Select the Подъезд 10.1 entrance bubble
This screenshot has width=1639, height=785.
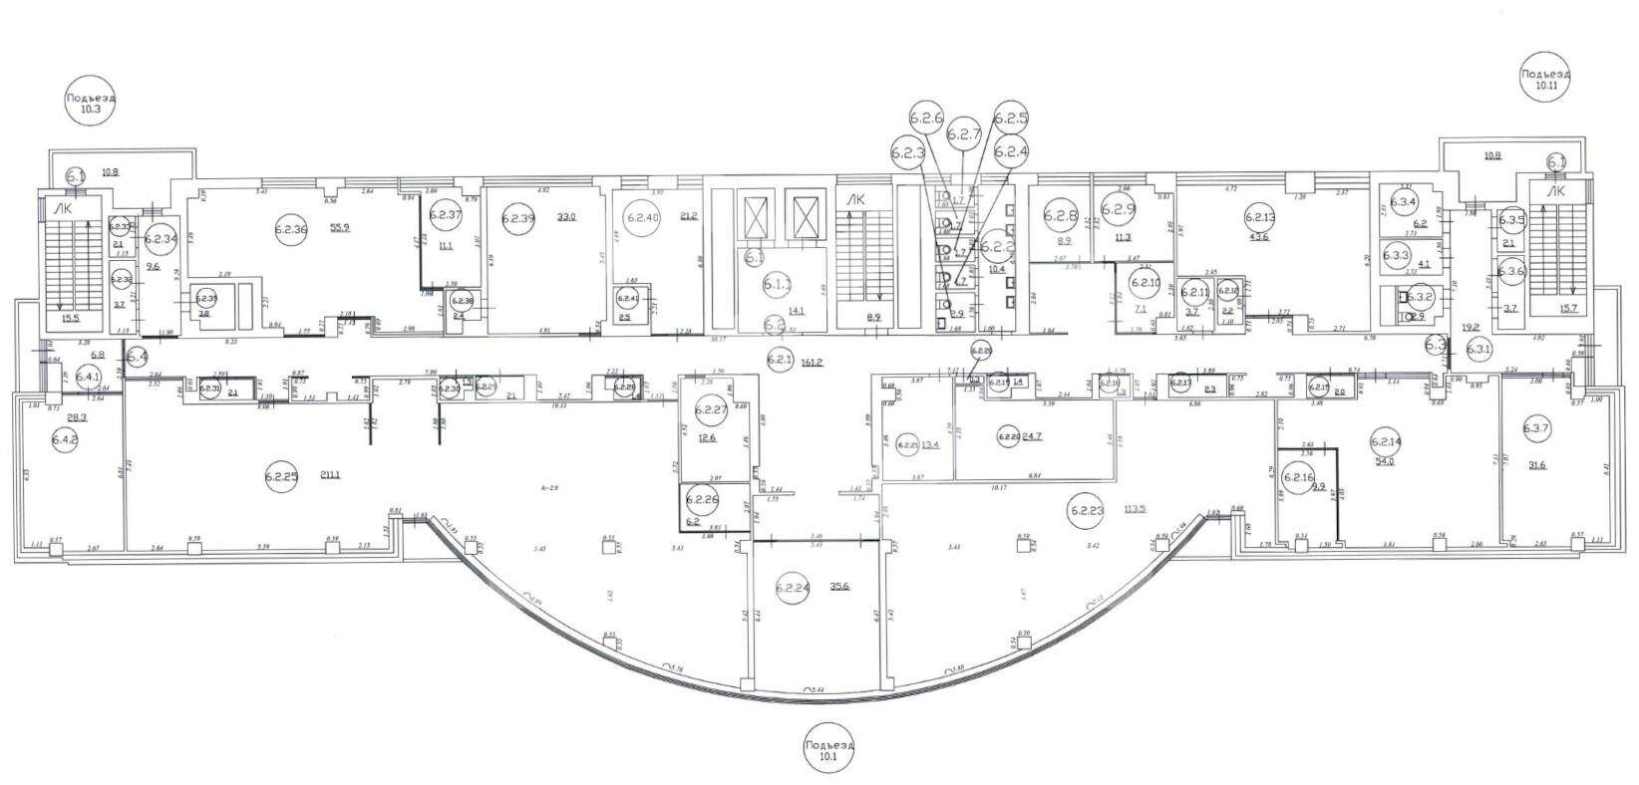pos(828,750)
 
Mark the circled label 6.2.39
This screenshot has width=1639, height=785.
pos(519,216)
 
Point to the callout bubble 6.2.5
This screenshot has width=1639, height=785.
pos(1010,119)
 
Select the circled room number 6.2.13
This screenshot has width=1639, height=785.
pos(1260,216)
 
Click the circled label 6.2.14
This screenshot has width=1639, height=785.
pos(1386,441)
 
